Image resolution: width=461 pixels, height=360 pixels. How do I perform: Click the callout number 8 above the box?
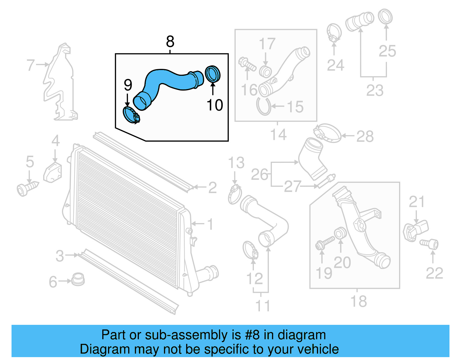[x=170, y=42]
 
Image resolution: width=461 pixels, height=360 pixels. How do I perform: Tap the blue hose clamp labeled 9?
[x=131, y=115]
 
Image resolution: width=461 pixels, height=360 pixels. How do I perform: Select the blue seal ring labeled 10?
[x=213, y=74]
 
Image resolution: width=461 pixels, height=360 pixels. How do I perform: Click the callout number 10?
[x=215, y=105]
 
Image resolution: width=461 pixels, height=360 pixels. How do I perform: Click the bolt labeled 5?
[x=27, y=188]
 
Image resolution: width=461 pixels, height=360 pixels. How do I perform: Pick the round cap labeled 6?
[x=78, y=279]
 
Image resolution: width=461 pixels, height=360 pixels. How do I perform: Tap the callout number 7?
[x=31, y=65]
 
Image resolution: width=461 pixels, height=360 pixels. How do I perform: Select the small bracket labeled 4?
[x=53, y=172]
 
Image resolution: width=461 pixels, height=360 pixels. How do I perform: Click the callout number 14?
[x=278, y=135]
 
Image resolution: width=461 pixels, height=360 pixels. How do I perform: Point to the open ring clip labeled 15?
[x=263, y=107]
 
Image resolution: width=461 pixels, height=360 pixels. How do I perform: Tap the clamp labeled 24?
[x=334, y=32]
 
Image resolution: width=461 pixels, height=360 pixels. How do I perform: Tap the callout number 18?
[x=358, y=301]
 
